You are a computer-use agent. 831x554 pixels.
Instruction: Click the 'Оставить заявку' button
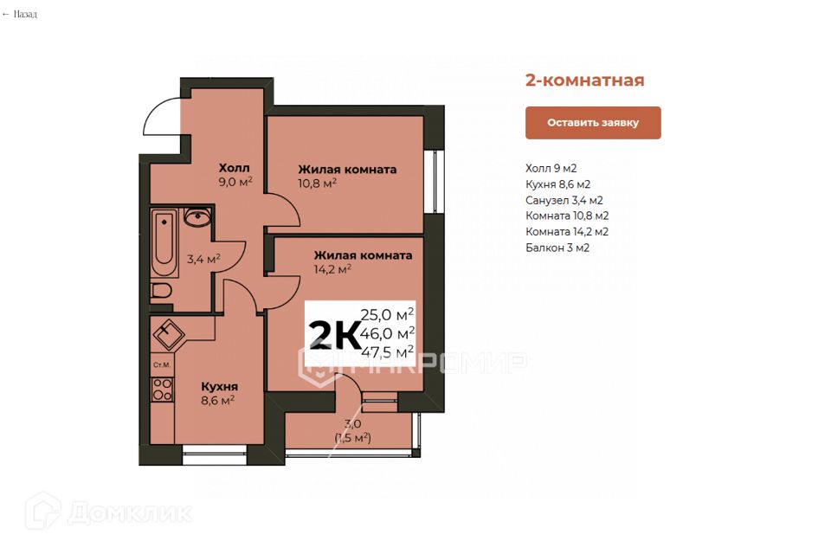[593, 123]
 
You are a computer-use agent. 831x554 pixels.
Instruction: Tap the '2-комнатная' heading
[584, 81]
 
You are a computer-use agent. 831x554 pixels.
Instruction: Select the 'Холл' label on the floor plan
[234, 167]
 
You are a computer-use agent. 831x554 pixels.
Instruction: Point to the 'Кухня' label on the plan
[219, 386]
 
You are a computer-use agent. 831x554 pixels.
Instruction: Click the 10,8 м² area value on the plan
[317, 184]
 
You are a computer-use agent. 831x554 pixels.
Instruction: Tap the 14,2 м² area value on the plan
[332, 269]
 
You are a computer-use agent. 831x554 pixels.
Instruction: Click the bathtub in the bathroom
[164, 242]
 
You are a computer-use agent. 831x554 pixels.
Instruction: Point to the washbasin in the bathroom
[197, 218]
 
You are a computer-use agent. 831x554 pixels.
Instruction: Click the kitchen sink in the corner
[166, 332]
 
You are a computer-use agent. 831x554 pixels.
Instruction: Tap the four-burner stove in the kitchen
[162, 390]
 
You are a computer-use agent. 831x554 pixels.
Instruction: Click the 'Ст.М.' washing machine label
[161, 364]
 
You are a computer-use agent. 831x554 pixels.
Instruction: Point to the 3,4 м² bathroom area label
[203, 259]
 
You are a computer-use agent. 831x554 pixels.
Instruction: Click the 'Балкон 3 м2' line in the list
[557, 248]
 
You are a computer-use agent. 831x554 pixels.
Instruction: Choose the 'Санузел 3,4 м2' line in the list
[564, 200]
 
